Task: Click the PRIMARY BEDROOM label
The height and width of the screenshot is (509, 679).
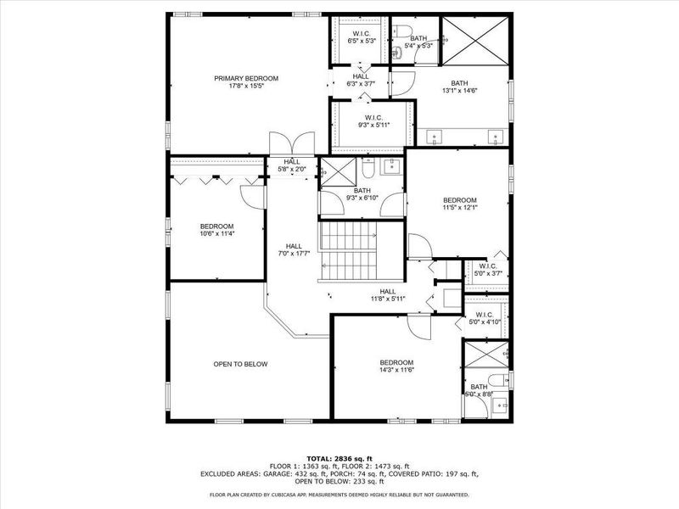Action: click(x=245, y=78)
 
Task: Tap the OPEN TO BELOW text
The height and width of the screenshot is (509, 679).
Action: click(x=240, y=364)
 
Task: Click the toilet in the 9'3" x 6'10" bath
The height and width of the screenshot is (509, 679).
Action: click(x=367, y=166)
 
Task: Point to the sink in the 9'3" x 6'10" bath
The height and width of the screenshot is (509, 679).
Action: click(x=391, y=166)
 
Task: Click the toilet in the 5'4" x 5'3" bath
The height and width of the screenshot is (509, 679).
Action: click(x=399, y=53)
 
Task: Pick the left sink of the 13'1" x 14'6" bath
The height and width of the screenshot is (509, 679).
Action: click(x=437, y=136)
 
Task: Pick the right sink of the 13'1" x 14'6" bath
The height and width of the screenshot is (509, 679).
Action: click(x=495, y=136)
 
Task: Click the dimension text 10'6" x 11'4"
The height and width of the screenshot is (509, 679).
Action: click(x=216, y=233)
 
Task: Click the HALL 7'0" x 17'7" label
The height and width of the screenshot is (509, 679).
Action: click(x=294, y=249)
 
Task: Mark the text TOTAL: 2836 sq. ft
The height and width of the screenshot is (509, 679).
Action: click(x=339, y=459)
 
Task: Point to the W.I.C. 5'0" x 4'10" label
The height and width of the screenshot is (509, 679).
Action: click(x=485, y=318)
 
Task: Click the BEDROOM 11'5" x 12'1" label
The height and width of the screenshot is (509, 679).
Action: click(x=459, y=204)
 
